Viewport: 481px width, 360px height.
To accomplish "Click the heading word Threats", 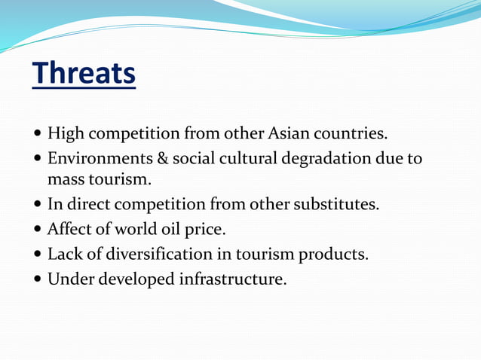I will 84,74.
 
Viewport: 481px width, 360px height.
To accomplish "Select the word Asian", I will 289,135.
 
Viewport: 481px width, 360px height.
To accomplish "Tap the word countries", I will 351,135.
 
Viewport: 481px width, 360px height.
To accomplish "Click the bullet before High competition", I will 38,136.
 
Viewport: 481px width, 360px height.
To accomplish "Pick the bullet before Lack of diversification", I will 38,255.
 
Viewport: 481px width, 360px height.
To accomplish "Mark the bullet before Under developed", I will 38,279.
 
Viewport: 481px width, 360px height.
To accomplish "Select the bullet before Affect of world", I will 38,230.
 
